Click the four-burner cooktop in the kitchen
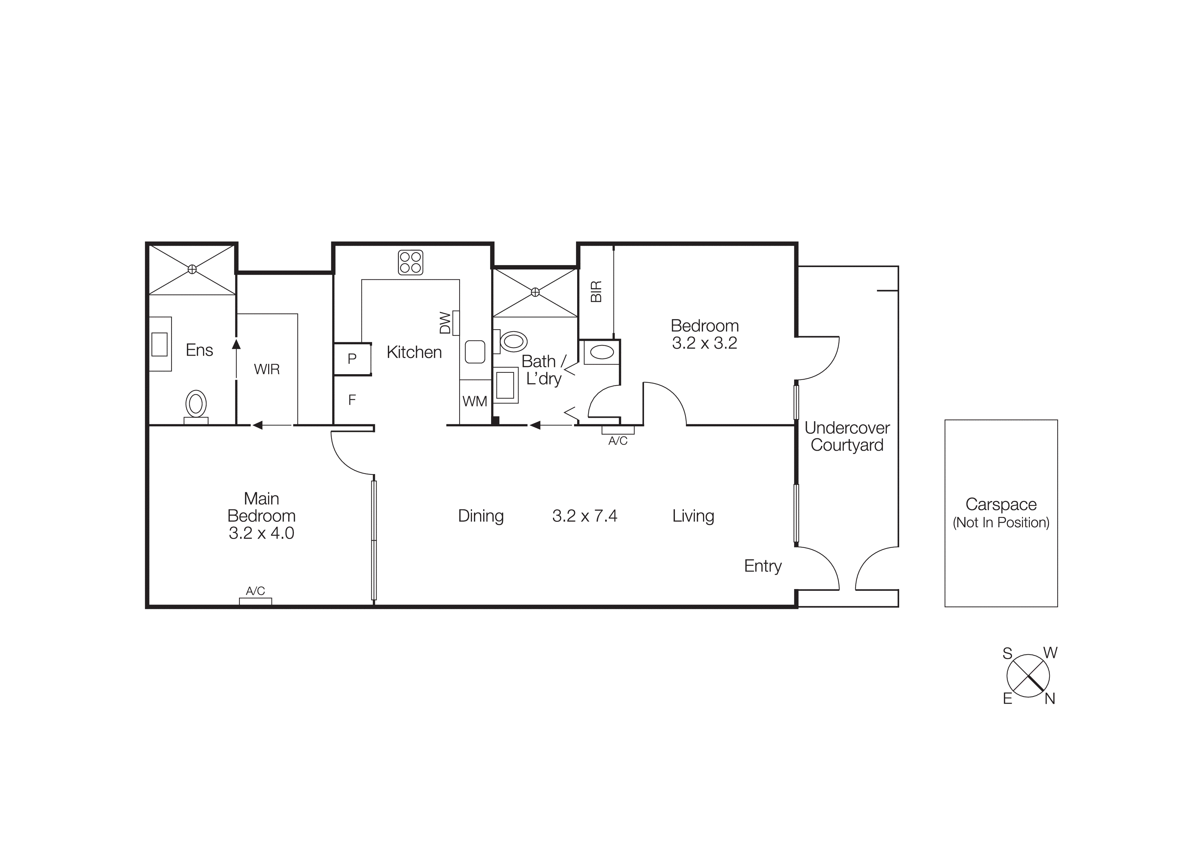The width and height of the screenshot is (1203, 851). tap(410, 263)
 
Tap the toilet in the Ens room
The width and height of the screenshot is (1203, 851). tap(196, 405)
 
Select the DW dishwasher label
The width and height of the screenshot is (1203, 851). tap(445, 323)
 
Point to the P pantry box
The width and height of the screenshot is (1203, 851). tap(352, 359)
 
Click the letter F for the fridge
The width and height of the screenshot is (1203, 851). tap(352, 400)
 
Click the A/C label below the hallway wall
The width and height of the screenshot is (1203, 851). tap(618, 441)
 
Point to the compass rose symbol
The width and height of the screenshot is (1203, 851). tap(1028, 676)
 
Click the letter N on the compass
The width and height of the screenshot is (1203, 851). tap(1049, 699)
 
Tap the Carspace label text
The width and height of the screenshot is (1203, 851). tap(1001, 504)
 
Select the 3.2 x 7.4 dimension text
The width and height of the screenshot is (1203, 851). tap(585, 516)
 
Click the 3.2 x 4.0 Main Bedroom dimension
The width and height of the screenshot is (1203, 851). tap(261, 533)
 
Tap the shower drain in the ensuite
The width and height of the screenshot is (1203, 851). tap(192, 269)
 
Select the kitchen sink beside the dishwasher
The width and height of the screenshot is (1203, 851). tap(475, 352)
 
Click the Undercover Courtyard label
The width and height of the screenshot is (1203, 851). tap(847, 436)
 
